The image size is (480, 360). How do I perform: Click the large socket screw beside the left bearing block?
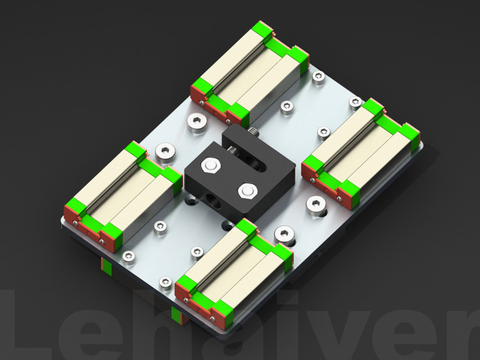click(x=165, y=151)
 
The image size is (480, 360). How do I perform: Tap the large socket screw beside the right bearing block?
click(x=316, y=205)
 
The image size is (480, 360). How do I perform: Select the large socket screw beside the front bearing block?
click(x=284, y=233)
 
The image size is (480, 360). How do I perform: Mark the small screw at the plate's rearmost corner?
click(x=318, y=76)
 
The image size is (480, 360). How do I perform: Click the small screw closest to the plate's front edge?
click(x=165, y=282)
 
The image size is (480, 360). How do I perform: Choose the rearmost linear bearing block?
click(x=250, y=73)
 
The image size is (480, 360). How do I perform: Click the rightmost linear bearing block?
click(x=361, y=151)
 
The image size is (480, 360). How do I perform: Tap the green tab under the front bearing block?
click(x=180, y=316)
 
